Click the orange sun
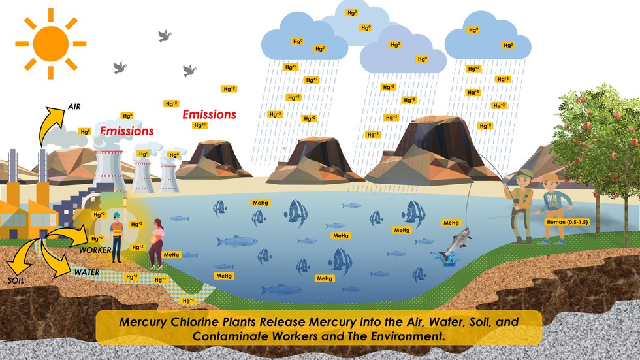[50, 42]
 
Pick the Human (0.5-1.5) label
[569, 222]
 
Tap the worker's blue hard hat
[116, 216]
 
